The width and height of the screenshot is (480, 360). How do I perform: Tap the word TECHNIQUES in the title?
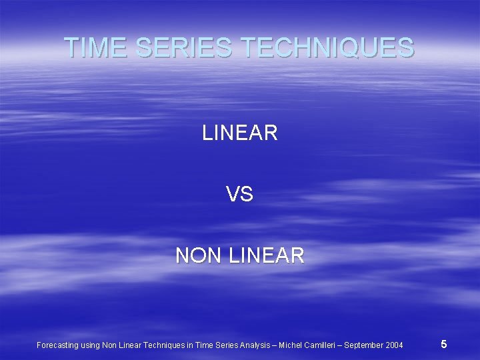click(327, 47)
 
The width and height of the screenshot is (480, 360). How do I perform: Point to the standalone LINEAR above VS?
click(240, 133)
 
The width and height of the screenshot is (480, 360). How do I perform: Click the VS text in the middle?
click(240, 195)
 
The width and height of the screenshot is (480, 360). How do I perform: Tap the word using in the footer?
click(90, 345)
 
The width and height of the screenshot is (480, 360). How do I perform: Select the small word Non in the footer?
click(110, 345)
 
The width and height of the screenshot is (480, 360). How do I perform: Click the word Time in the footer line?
click(203, 345)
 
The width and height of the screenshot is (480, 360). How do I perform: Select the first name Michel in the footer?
click(291, 345)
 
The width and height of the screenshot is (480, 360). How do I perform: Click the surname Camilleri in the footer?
click(322, 345)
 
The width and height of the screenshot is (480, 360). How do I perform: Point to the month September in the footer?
click(364, 345)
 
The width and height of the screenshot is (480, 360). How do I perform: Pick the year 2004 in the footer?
click(394, 345)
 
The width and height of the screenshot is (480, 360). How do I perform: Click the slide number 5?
click(444, 344)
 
